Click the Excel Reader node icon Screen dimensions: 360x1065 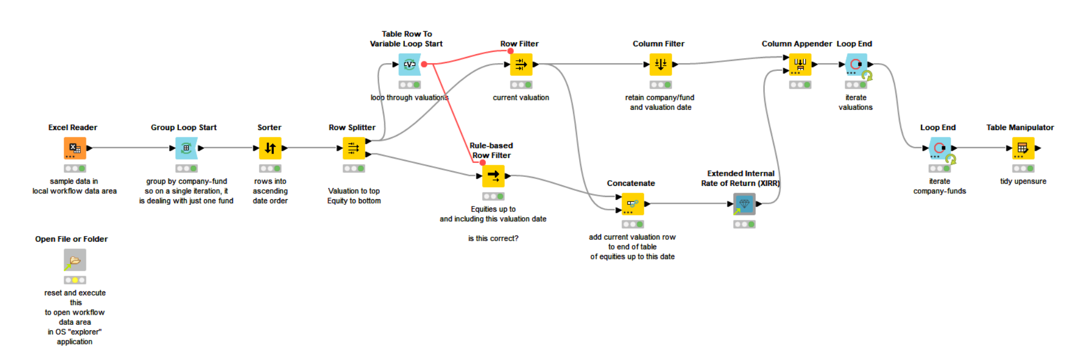[x=75, y=148]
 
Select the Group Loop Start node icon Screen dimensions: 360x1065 [x=186, y=148]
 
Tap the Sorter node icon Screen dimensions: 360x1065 [x=270, y=148]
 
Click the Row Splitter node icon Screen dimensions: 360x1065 [x=354, y=148]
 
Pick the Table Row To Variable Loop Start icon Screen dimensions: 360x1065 [x=409, y=64]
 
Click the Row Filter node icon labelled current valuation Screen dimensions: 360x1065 [x=521, y=64]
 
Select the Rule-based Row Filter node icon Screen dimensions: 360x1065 [x=493, y=176]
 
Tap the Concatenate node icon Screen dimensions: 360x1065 [x=633, y=204]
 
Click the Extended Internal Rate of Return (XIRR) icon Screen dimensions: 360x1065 [x=744, y=204]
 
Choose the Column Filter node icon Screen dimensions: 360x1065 [x=661, y=64]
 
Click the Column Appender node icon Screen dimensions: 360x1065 [x=800, y=64]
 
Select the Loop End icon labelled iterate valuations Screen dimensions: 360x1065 [x=856, y=64]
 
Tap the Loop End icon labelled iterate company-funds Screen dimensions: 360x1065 [x=939, y=148]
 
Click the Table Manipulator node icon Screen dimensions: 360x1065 [x=1023, y=148]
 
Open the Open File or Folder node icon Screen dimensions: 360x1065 [x=75, y=260]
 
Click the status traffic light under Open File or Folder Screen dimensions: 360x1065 [x=75, y=280]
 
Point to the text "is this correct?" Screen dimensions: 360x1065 [x=493, y=238]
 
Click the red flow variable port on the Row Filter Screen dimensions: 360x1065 [x=510, y=51]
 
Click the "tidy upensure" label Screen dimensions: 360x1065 [x=1023, y=181]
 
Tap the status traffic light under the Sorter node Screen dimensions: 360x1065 [x=270, y=169]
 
